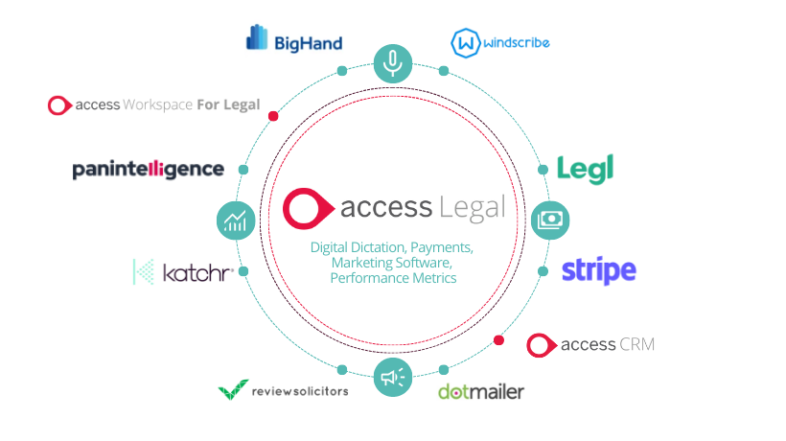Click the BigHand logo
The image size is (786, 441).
tap(293, 39)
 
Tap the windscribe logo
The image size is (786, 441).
tap(499, 42)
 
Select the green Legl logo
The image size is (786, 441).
tap(585, 169)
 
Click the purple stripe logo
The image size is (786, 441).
tap(598, 270)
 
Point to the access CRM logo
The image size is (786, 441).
tap(591, 344)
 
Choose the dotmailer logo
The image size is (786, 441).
tap(481, 391)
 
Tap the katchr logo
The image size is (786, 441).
tap(183, 273)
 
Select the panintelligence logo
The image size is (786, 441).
tap(149, 170)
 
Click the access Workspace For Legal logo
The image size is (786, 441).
tap(153, 104)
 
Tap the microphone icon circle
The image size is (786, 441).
tap(392, 62)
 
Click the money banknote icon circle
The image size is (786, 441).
tap(550, 220)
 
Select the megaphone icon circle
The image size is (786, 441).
tap(392, 378)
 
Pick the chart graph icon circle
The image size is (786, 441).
tap(235, 220)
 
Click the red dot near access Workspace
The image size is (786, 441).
tap(273, 116)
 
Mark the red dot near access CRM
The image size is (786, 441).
tap(497, 339)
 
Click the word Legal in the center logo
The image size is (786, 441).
tap(472, 206)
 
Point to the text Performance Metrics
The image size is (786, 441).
tap(392, 278)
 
